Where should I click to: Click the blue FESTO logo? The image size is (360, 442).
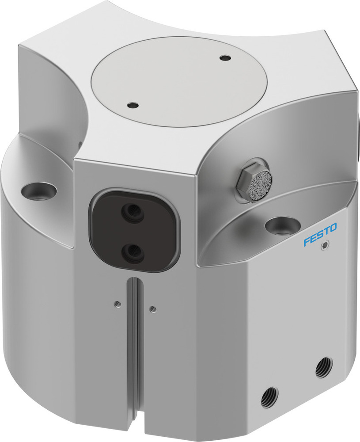320,234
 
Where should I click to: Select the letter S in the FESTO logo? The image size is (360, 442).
319,235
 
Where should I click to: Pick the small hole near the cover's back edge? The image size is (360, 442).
225,58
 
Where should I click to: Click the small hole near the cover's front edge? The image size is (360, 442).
132,105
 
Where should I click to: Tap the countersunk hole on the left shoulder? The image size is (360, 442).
39,191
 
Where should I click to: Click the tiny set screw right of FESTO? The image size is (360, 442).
326,246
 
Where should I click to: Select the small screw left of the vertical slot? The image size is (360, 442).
117,303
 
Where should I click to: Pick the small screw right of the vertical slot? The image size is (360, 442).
152,309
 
